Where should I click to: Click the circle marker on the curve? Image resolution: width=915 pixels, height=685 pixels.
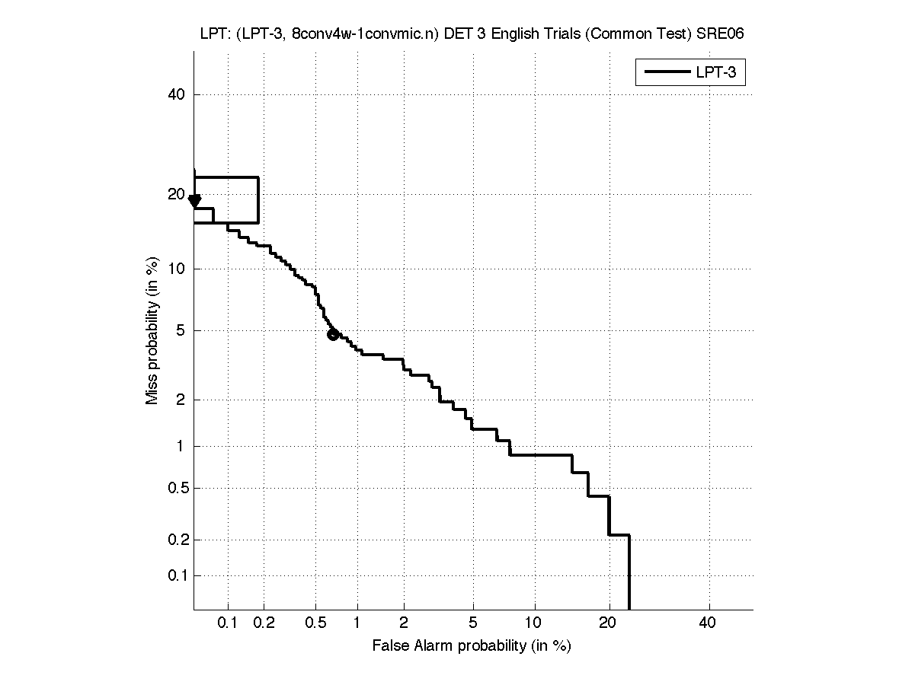pos(333,334)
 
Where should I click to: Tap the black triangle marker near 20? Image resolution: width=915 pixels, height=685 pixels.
pos(195,200)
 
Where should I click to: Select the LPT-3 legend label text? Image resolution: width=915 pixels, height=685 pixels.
pos(719,73)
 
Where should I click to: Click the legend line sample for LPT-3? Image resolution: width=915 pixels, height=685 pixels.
pos(667,73)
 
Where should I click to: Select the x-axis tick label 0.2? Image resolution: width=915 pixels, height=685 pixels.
pos(264,624)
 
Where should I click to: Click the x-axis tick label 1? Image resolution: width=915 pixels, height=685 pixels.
pos(357,624)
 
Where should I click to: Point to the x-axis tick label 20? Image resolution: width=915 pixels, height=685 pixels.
pos(607,624)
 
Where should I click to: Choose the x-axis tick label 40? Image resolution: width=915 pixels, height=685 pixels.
pos(708,624)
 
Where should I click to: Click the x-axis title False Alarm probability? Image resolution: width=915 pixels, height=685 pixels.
pos(472,646)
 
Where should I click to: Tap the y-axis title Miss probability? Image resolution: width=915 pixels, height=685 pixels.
pos(153,331)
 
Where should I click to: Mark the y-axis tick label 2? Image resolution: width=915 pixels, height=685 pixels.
pos(181,400)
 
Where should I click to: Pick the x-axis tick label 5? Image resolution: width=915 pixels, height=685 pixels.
pos(473,624)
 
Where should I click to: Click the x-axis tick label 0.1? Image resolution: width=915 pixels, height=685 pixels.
pos(228,624)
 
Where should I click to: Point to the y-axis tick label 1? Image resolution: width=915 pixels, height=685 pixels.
pos(181,446)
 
